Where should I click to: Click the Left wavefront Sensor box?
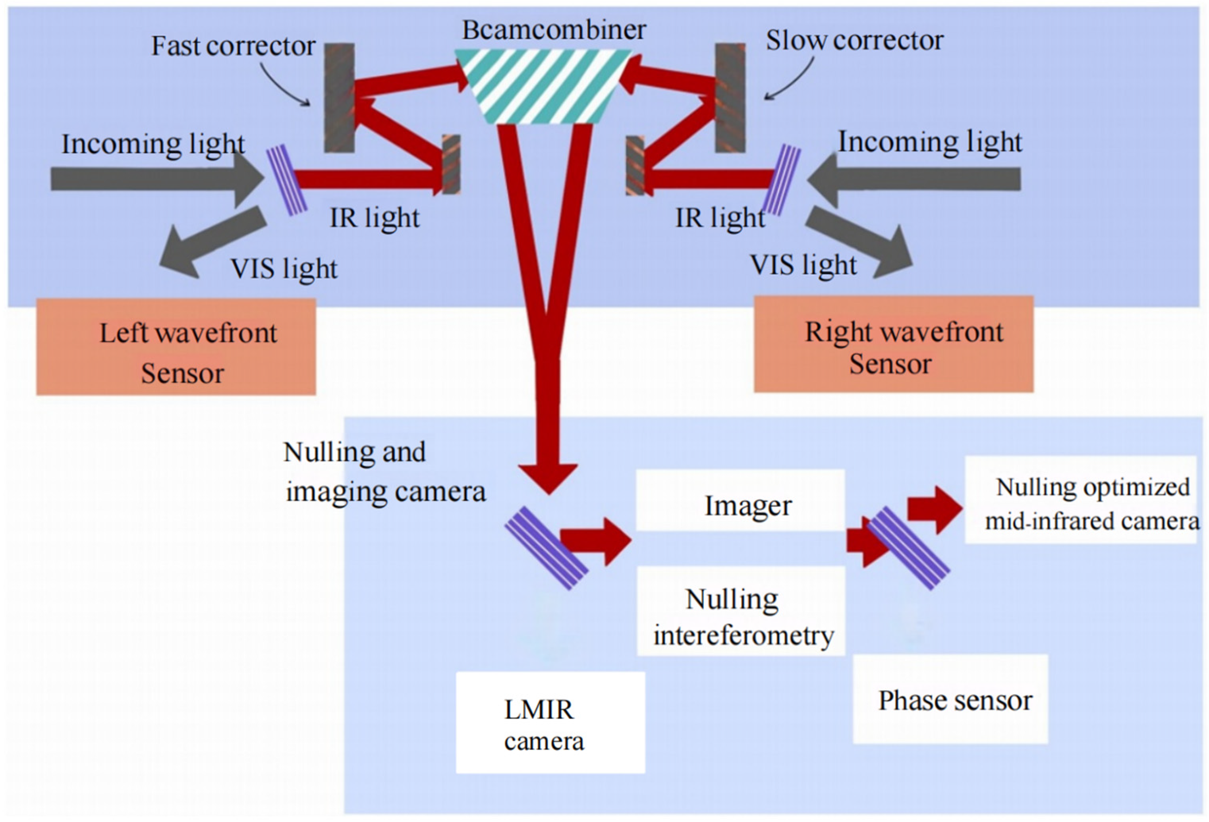pyautogui.click(x=176, y=347)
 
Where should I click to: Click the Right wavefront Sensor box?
pyautogui.click(x=893, y=344)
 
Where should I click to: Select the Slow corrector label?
pyautogui.click(x=854, y=41)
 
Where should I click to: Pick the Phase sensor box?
pyautogui.click(x=950, y=699)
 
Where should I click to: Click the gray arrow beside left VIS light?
pyautogui.click(x=213, y=241)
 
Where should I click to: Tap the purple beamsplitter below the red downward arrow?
pyautogui.click(x=546, y=548)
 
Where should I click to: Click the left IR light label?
pyautogui.click(x=375, y=218)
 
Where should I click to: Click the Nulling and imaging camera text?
pyautogui.click(x=384, y=471)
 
